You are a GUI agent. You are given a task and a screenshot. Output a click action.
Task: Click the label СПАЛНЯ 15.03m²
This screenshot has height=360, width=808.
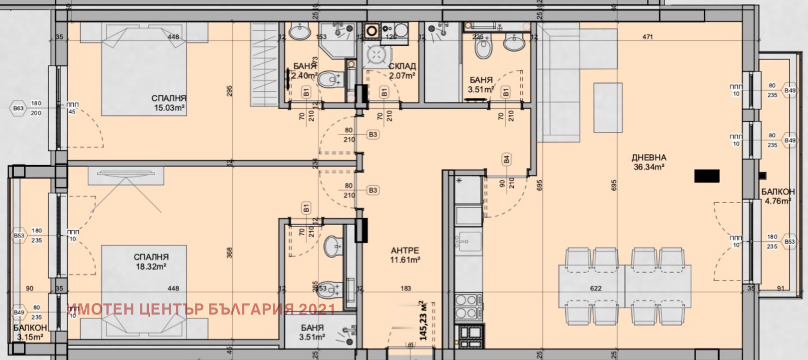(x=169, y=103)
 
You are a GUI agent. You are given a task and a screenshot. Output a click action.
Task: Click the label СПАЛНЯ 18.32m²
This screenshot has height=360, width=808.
(x=151, y=262)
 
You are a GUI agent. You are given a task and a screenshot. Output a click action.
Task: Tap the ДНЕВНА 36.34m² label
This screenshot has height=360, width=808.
(x=649, y=162)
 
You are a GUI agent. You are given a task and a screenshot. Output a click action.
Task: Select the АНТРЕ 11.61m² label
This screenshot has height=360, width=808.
(x=405, y=255)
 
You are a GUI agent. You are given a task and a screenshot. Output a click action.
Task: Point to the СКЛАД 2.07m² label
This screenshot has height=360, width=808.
(x=402, y=71)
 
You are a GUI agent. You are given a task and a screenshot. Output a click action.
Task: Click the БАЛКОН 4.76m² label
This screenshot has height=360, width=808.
(x=778, y=196)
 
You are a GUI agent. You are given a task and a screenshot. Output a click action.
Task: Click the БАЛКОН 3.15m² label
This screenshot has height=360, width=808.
(x=30, y=332)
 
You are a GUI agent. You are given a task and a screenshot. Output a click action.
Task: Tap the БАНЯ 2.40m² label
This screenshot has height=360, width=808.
(x=305, y=71)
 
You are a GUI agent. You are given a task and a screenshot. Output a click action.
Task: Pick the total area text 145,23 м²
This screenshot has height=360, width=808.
(x=423, y=321)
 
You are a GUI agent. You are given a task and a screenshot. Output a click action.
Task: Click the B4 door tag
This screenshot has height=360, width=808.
(x=506, y=160)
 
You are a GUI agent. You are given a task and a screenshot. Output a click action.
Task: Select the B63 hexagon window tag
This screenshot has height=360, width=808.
(x=18, y=108)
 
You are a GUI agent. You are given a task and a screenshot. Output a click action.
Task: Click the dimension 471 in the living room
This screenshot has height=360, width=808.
(x=647, y=37)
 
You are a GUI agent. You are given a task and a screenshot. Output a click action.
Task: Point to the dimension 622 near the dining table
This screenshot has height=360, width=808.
(x=596, y=288)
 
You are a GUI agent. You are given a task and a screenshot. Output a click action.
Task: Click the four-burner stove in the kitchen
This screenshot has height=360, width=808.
(x=468, y=306)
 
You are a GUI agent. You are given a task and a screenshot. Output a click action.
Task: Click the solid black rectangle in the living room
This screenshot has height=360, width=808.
(x=706, y=176)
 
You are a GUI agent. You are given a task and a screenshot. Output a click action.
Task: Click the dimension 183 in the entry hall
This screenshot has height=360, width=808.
(x=406, y=288)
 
